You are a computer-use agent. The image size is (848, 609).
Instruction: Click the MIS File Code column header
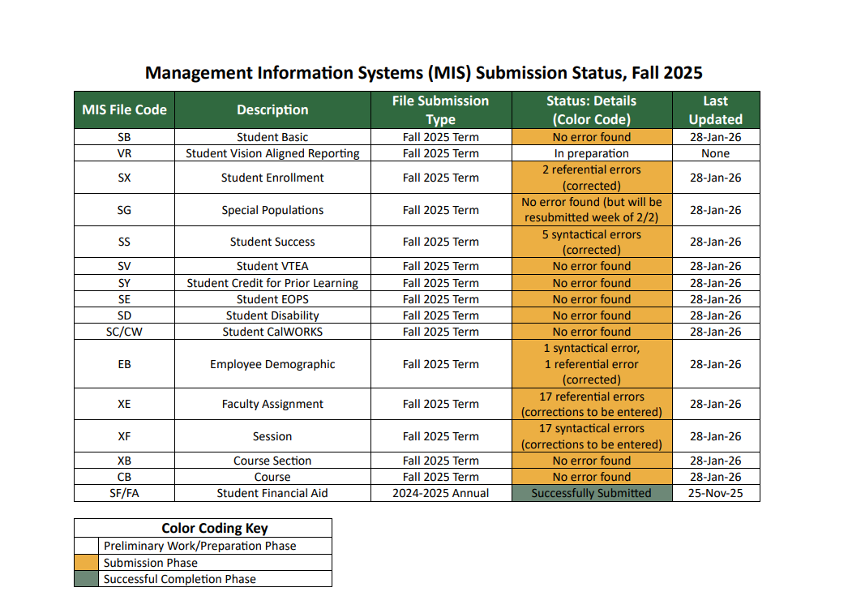tap(124, 109)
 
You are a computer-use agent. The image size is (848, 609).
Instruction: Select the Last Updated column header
tap(716, 109)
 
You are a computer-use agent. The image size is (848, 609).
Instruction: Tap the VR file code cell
tap(124, 153)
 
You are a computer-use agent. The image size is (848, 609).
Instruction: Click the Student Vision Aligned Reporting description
tap(272, 153)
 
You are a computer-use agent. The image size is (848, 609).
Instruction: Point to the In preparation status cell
tap(592, 153)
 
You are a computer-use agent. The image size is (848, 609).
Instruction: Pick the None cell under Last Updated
tap(716, 153)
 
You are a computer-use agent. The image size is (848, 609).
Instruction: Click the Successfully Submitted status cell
tap(592, 493)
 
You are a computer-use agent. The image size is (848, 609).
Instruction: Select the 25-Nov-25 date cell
tap(716, 493)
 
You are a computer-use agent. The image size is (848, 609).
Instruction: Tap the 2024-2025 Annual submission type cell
tap(441, 493)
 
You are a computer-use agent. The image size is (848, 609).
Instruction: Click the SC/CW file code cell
tap(124, 332)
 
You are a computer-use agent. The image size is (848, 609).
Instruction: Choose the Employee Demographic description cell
tap(272, 364)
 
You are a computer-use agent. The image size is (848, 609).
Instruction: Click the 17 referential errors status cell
tap(592, 404)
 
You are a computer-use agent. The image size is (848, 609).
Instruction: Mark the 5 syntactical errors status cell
tap(592, 242)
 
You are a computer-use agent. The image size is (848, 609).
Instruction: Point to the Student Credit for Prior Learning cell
tap(272, 283)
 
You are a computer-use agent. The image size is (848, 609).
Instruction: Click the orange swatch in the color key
tap(87, 563)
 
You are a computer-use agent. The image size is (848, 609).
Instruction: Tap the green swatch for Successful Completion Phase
tap(87, 579)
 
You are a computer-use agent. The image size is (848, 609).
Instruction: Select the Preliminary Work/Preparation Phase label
tap(200, 546)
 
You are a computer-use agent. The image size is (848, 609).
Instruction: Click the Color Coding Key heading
tap(215, 528)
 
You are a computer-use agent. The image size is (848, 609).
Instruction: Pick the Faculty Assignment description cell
tap(272, 404)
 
